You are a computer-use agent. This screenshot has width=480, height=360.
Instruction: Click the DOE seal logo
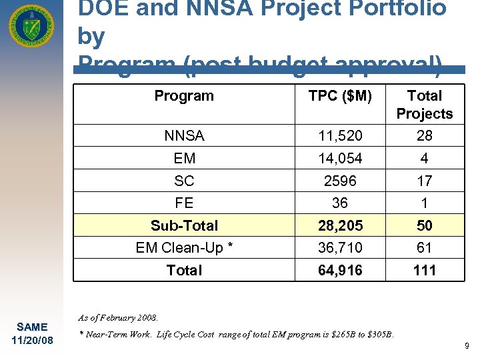31,27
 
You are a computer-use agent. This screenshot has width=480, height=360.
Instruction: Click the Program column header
184,96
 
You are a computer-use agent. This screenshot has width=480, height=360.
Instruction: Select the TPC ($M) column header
340,96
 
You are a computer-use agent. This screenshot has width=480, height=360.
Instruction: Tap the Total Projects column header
424,105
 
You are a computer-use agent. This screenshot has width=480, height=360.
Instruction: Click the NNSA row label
184,136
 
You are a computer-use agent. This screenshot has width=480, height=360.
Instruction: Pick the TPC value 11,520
340,136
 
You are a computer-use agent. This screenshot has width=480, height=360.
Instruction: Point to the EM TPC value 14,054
340,159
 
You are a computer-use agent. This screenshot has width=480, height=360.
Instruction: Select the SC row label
184,181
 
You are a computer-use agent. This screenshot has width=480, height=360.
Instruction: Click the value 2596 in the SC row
340,181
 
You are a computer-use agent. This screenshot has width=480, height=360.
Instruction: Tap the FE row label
184,203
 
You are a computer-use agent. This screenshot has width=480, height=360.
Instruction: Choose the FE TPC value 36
340,203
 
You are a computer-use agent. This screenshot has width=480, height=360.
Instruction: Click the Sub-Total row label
184,225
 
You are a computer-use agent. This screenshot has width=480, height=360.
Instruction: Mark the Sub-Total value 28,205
340,225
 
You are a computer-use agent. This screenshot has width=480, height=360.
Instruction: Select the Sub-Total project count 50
424,225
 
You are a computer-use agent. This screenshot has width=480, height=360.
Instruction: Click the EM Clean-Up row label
184,248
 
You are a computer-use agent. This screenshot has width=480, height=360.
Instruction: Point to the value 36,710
340,248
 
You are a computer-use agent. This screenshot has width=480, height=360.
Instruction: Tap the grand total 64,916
340,270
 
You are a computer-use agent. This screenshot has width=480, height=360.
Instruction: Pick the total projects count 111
424,270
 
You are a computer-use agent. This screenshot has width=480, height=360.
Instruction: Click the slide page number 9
466,346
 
